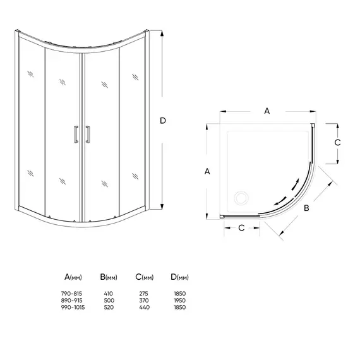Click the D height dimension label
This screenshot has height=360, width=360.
163,121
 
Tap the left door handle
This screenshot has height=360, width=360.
76,135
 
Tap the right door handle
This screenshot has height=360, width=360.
88,135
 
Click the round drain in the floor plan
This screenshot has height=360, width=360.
241,198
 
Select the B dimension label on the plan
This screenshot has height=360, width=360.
306,208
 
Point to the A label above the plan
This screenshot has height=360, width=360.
267,111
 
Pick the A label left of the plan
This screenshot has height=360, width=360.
207,172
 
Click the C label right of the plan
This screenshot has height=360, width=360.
337,143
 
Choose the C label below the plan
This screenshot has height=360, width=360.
241,228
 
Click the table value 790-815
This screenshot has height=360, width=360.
71,294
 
